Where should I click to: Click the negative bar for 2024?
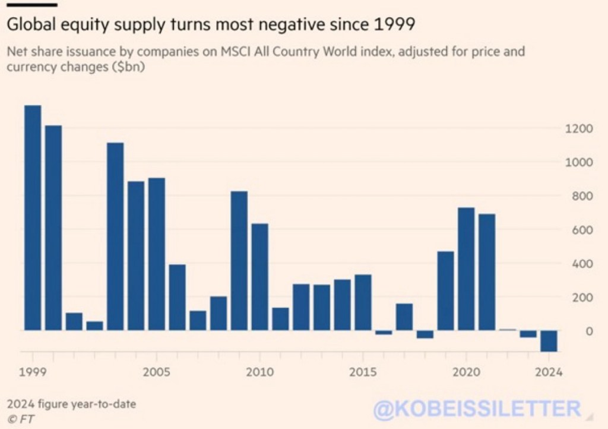pos(549,340)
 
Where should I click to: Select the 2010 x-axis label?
pos(259,373)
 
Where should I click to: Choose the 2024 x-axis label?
pos(549,373)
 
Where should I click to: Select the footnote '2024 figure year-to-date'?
pos(71,405)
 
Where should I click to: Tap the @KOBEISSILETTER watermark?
pos(477,408)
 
